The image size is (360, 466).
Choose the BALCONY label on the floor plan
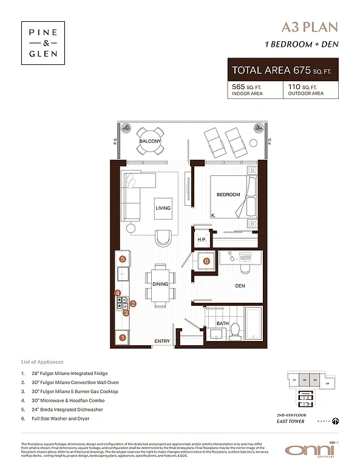pos(149,141)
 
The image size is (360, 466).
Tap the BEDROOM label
pos(229,195)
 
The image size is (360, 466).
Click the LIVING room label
pos(163,208)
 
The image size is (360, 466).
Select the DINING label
pos(160,284)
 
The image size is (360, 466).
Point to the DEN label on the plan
pos(240,285)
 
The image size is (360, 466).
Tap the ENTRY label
pos(162,342)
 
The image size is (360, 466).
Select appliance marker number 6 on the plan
pos(206,262)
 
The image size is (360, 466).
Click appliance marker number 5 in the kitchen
pos(123,259)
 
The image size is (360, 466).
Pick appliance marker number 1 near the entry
pos(123,337)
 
